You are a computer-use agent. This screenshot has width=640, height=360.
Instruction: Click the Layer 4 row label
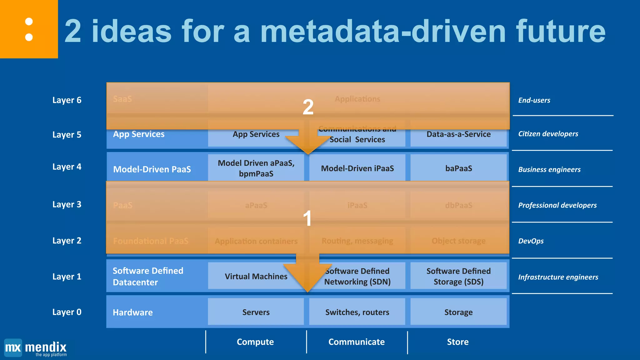pos(67,167)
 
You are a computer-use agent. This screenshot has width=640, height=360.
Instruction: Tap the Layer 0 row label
pos(67,312)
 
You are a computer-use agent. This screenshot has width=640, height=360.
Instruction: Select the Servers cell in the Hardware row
pos(256,312)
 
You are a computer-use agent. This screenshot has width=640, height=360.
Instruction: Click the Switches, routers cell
pos(357,312)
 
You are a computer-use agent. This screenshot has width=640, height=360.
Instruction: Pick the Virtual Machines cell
pos(256,277)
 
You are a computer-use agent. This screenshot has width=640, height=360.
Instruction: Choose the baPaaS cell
pos(458,168)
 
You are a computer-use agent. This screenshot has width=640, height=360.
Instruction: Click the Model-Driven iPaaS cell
pos(357,168)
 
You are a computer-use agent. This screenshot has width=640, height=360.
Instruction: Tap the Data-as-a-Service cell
pos(458,134)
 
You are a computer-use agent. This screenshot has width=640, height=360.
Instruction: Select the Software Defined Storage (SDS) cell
pos(458,276)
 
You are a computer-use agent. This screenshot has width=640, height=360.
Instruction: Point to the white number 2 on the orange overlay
pos(308,107)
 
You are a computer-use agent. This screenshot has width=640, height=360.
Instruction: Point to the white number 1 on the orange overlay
pos(307,218)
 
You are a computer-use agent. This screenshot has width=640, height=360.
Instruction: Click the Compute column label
pos(255,342)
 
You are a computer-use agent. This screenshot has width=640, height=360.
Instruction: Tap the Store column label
pos(458,342)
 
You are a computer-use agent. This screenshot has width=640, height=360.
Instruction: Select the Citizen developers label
pos(548,134)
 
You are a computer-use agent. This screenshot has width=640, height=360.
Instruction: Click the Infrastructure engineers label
pos(558,277)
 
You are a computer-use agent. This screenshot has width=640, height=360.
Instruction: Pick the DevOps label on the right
pos(531,241)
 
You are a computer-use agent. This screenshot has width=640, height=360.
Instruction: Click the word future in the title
pos(561,31)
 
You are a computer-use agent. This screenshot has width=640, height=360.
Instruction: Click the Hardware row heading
pos(133,312)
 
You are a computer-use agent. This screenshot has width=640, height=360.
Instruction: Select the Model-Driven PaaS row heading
pos(152,169)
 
